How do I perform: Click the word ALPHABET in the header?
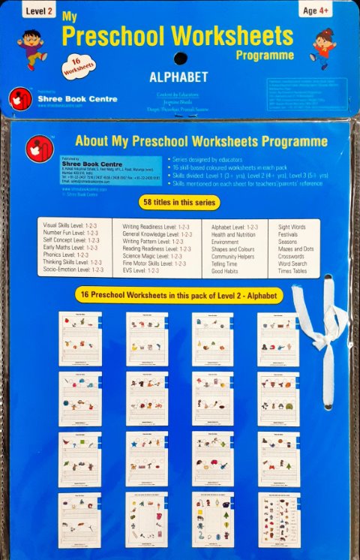[x=178, y=77]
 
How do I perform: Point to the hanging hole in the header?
[x=179, y=59]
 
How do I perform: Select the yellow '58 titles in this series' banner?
[x=179, y=203]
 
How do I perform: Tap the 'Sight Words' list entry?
[x=292, y=226]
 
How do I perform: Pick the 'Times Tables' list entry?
[x=293, y=271]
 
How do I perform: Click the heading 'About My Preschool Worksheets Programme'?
[x=201, y=141]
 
